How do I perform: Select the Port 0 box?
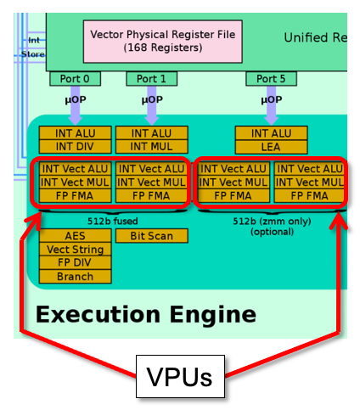coord(75,79)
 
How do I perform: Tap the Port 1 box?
coord(151,79)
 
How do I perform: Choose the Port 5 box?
coord(272,79)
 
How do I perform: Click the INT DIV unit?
coord(75,147)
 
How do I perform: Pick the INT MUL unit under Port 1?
coord(151,147)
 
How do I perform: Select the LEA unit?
coord(272,147)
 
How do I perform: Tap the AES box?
coord(75,235)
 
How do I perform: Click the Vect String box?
coord(75,249)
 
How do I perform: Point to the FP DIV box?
coord(75,262)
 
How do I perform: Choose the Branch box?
coord(75,276)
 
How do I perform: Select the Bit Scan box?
coord(151,235)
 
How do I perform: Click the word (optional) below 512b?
coord(272,231)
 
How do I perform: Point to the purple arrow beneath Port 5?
coord(272,104)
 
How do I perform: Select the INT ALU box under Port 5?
coord(272,133)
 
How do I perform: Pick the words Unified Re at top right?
coord(314,37)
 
